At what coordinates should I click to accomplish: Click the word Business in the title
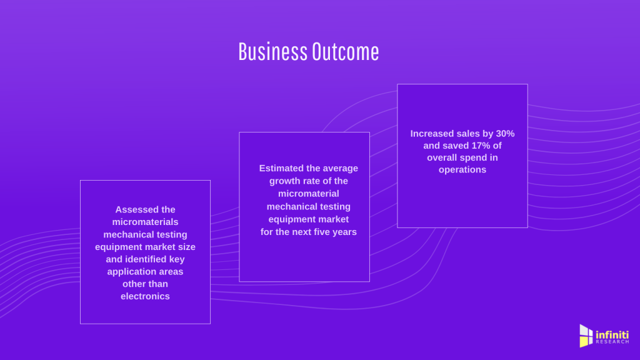[272, 52]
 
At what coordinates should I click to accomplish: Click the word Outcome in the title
[346, 52]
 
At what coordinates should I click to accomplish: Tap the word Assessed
[145, 209]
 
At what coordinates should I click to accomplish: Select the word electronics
[145, 296]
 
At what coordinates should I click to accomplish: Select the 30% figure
[505, 134]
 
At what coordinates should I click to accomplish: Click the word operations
[462, 169]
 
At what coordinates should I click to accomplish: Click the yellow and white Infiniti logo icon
[586, 336]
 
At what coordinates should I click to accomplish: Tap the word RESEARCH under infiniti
[612, 342]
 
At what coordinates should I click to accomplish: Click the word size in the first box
[187, 247]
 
